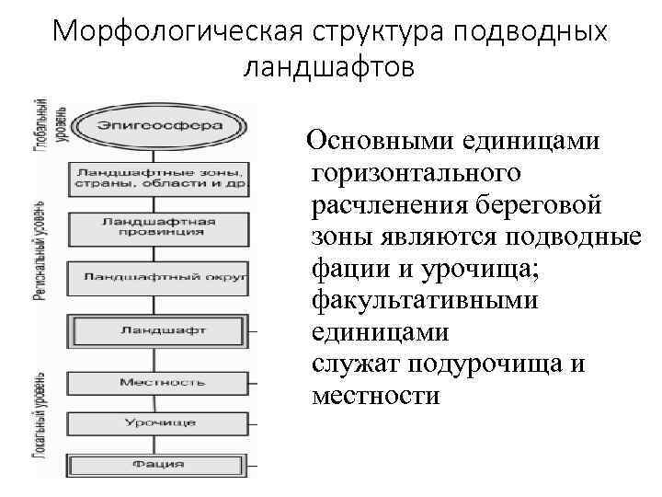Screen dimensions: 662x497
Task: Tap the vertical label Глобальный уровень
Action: [40, 127]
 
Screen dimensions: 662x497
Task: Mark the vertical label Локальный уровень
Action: [40, 414]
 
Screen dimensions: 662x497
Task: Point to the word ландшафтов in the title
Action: [330, 67]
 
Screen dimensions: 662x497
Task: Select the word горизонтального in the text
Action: [417, 173]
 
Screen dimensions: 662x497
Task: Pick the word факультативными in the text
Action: [426, 300]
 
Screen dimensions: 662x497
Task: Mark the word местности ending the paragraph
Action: [376, 396]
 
